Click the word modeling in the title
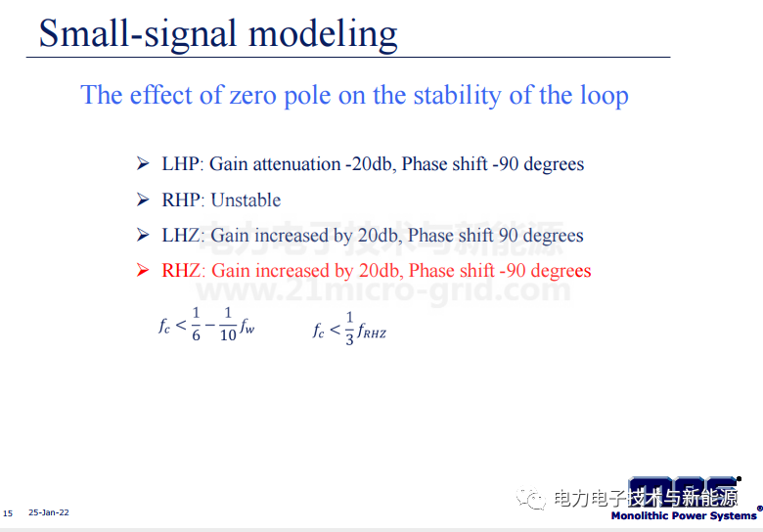[x=323, y=35]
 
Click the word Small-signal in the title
[x=138, y=34]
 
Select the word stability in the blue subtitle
[x=457, y=95]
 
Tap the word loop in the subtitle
[x=605, y=96]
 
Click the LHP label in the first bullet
[x=181, y=164]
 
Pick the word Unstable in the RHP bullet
[x=246, y=199]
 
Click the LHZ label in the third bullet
[x=181, y=236]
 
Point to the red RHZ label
[x=182, y=270]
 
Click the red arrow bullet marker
[x=143, y=270]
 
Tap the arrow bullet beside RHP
[x=143, y=199]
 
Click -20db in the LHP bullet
[x=370, y=164]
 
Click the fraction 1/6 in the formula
[x=196, y=324]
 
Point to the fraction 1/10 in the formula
[x=228, y=324]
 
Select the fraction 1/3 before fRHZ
[x=349, y=329]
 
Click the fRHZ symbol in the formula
[x=372, y=332]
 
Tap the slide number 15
[x=8, y=513]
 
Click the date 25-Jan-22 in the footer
[x=49, y=512]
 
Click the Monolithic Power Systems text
[x=684, y=515]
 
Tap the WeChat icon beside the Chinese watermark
[x=531, y=498]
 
